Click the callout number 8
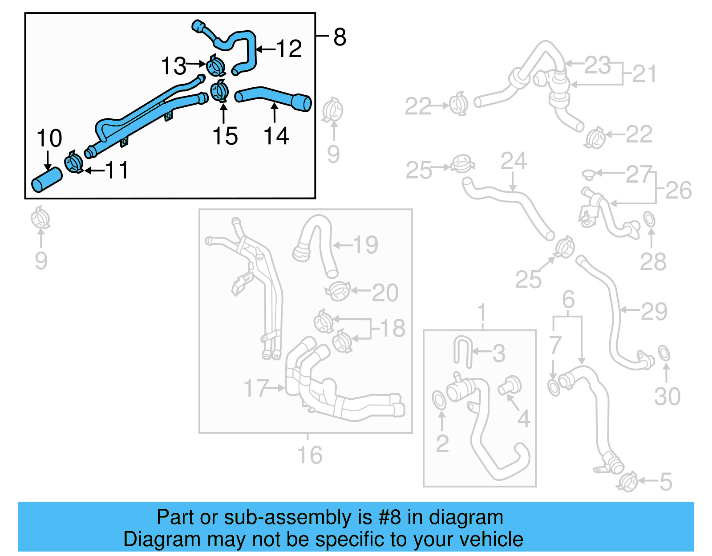[x=340, y=37]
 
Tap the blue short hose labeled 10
[x=46, y=180]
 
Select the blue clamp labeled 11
[x=74, y=162]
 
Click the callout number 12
[x=289, y=49]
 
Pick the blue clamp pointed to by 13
[x=216, y=66]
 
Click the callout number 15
[x=225, y=136]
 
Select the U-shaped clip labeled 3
[x=462, y=352]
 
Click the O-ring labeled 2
[x=439, y=399]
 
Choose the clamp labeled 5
[x=627, y=482]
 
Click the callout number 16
[x=310, y=455]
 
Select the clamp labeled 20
[x=338, y=291]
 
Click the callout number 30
[x=667, y=396]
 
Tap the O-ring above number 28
[x=649, y=219]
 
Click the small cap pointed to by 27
[x=589, y=174]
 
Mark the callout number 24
[x=514, y=161]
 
